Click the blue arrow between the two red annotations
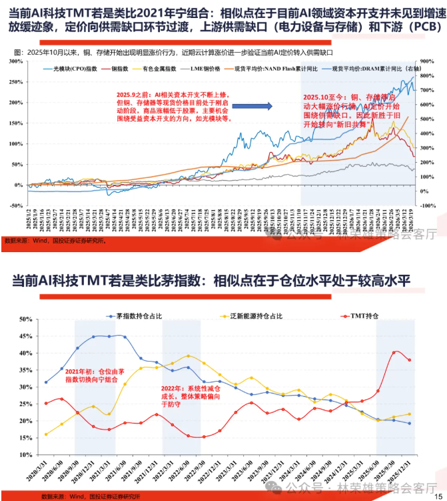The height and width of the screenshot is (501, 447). click(269, 105)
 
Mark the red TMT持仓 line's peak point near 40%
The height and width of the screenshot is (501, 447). click(395, 352)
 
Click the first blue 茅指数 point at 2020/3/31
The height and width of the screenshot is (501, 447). click(46, 382)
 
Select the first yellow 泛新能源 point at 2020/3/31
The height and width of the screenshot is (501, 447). click(46, 434)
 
